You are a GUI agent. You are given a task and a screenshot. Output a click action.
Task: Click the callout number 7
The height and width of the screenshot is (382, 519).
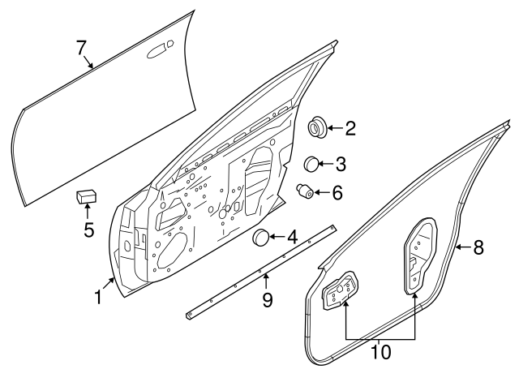pos(82,48)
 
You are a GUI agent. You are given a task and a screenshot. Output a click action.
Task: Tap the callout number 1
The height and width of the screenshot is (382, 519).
pos(97,298)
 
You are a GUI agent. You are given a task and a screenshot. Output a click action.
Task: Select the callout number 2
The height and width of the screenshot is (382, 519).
pos(350,128)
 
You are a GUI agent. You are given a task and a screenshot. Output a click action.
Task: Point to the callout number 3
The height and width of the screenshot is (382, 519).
pos(340,165)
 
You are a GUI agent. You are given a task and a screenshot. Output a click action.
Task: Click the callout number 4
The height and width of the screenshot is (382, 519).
pos(291,238)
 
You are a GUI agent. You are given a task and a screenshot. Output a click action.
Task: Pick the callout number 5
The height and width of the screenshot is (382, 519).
pos(89,230)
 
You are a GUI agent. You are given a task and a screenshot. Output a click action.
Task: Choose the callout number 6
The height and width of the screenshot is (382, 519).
pos(337,193)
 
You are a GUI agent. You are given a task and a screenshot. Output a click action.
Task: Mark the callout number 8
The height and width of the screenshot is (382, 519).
pos(478,248)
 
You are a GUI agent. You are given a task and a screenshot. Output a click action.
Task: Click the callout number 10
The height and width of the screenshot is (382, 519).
pos(380,352)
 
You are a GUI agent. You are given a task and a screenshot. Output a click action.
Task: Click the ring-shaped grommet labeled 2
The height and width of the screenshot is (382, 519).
pos(316,127)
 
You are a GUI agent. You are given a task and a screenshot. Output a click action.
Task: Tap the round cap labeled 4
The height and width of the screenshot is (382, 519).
pos(260,238)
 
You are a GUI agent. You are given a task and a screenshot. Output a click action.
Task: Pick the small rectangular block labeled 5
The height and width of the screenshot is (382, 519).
pos(87,197)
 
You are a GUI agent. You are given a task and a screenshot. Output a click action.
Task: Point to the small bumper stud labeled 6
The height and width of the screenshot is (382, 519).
pos(306,193)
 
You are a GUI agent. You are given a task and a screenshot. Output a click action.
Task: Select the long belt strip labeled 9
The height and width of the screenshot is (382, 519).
pos(259,271)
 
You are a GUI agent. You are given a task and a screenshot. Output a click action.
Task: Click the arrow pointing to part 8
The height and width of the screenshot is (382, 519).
pos(461,248)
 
